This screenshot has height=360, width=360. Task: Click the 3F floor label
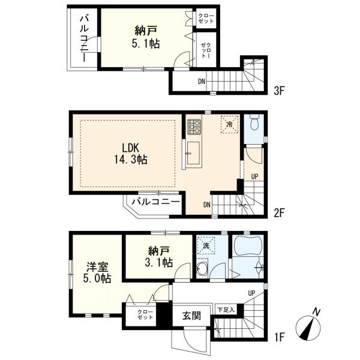279,91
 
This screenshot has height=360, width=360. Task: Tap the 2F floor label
279,214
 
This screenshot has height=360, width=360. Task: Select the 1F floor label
279,337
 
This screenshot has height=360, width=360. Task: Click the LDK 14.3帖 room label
130,154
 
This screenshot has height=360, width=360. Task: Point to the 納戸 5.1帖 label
146,37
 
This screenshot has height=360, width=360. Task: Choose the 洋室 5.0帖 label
97,272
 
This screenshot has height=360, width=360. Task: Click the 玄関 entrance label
192,316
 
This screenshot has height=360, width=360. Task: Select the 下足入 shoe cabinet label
226,310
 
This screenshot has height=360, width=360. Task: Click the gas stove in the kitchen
194,127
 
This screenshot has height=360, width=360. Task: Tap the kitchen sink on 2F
193,153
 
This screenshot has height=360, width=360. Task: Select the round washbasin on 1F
202,267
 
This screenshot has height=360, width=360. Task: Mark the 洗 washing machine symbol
206,245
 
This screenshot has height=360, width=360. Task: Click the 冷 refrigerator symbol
229,124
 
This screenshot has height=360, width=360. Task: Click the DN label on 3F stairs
202,81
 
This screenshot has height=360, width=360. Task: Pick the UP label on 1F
251,293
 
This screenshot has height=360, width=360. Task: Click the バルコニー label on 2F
155,202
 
